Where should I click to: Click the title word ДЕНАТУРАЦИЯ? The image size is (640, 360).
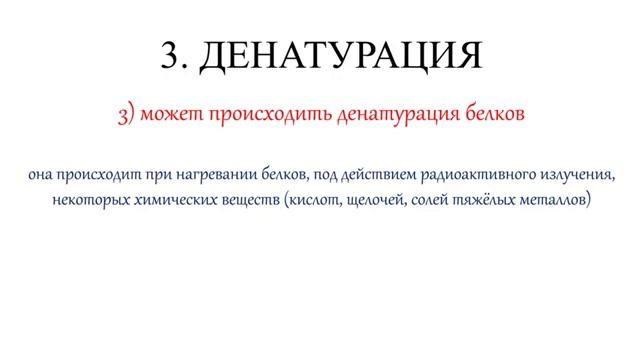(x=341, y=56)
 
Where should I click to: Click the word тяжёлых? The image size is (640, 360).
(x=493, y=201)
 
